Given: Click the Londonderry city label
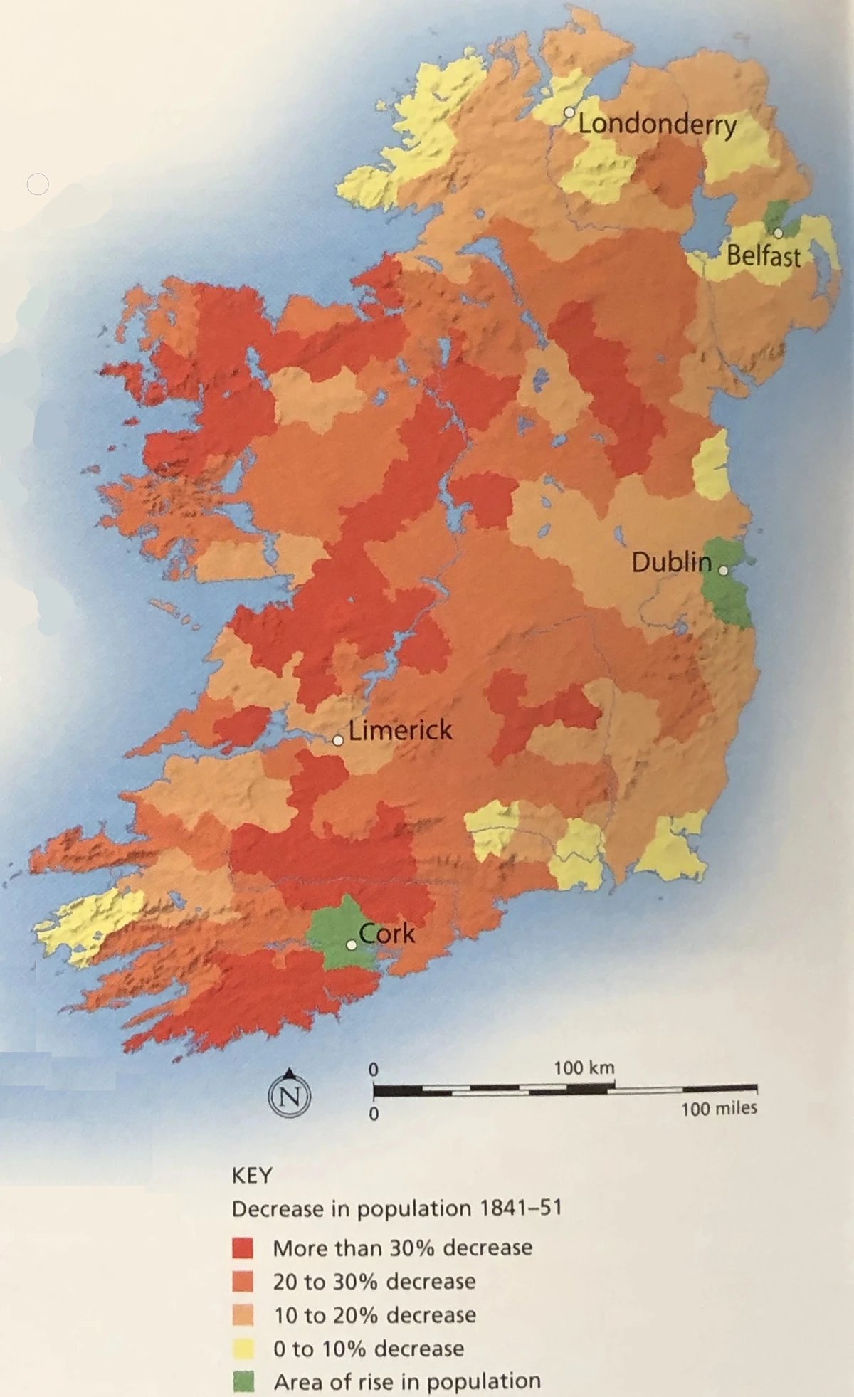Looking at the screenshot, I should pos(656,125).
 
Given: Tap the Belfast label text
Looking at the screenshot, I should pos(763,256).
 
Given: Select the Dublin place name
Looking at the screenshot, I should pos(671,563).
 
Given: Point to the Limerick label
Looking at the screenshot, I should pos(400,730).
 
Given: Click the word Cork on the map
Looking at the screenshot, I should pos(386,933).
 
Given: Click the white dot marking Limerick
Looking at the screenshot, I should pos(338,741).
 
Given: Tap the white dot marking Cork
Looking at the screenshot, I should pos(351,945).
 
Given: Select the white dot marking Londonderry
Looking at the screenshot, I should pos(569,112).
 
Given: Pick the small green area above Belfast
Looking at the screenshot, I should pos(776,213).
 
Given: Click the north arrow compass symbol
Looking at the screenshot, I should pos(289,1095).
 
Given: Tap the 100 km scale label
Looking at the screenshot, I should pos(584,1068).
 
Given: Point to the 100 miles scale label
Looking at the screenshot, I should pos(719,1108).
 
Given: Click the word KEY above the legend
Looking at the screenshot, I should pos(252,1176).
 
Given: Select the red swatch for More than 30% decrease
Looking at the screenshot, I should pos(243,1248).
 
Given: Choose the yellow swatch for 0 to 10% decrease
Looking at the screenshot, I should pos(243,1348).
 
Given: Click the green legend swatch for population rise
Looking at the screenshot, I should pos(243,1381).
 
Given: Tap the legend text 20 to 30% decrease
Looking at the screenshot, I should pos(374,1282).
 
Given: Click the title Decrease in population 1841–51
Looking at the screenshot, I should pos(396,1209).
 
